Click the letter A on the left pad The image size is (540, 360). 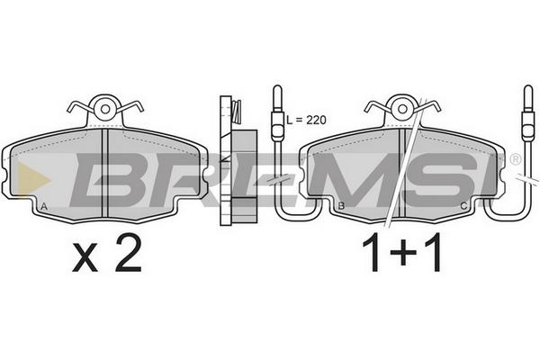point(44,206)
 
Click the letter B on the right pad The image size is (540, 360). point(341,206)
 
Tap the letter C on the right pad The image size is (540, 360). point(463,206)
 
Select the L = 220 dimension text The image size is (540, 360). point(306,120)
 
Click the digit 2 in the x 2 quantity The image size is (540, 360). point(129,253)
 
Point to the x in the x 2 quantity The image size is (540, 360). point(85,258)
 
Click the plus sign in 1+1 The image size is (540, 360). point(403,254)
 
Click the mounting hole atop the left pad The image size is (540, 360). point(105,109)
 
